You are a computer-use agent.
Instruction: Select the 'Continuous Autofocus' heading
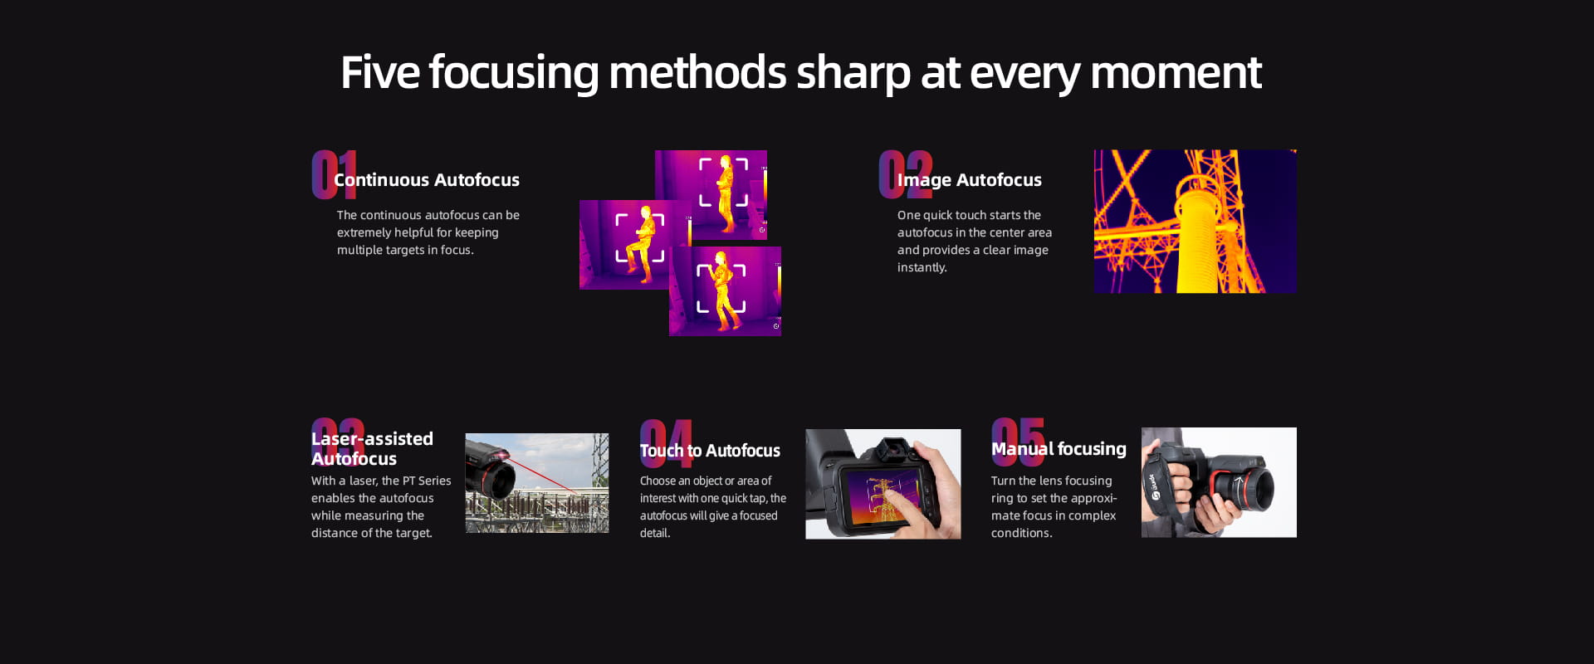[427, 179]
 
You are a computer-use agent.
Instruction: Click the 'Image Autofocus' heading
[969, 180]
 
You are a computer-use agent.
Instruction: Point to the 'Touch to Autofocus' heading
[710, 451]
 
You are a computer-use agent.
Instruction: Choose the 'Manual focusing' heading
[1059, 449]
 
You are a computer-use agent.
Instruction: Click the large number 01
[334, 174]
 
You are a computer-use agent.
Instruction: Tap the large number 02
[906, 174]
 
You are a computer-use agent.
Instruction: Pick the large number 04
[666, 443]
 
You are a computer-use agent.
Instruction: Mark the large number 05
[1019, 442]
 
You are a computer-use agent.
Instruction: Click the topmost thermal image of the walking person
[711, 195]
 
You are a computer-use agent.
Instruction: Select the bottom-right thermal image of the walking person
[725, 291]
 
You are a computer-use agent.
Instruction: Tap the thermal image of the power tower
[1195, 222]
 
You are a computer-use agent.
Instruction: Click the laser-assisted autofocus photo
[537, 483]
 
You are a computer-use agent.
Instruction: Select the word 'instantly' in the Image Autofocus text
[921, 267]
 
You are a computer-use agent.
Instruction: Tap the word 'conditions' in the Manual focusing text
[1020, 533]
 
